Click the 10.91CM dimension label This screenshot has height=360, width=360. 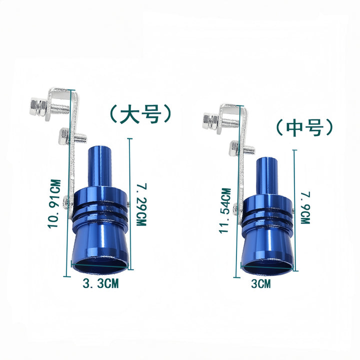[54, 203]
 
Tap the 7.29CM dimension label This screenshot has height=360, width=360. [141, 204]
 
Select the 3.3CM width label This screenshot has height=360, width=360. [101, 283]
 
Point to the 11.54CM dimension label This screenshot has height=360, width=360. [225, 211]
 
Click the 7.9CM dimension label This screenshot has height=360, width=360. [306, 208]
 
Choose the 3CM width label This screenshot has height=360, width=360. [261, 284]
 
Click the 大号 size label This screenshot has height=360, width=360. [140, 113]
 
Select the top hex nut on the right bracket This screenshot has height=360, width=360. [211, 121]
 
